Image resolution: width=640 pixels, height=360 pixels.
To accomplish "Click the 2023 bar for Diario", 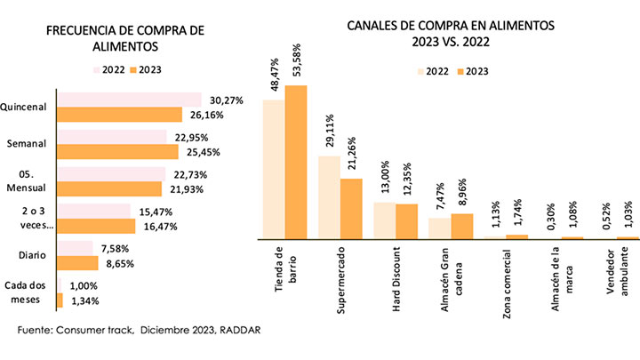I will pyautogui.click(x=77, y=263).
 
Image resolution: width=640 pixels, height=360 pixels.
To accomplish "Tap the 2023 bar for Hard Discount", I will pyautogui.click(x=405, y=221).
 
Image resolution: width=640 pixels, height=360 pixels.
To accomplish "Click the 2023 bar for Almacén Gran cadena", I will pyautogui.click(x=461, y=226).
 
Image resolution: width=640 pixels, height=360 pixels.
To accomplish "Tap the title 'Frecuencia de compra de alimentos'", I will pyautogui.click(x=124, y=38).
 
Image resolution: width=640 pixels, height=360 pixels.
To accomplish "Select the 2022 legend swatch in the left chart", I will pyautogui.click(x=97, y=68).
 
